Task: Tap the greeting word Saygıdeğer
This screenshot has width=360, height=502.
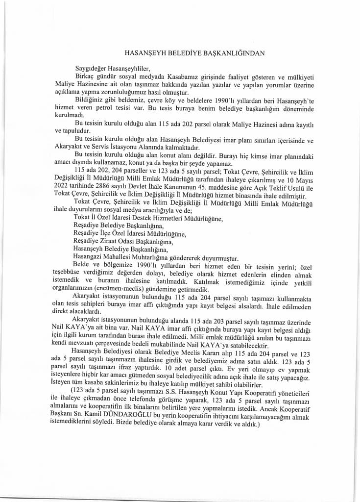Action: click(92, 68)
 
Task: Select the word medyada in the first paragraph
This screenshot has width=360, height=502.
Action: click(154, 77)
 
